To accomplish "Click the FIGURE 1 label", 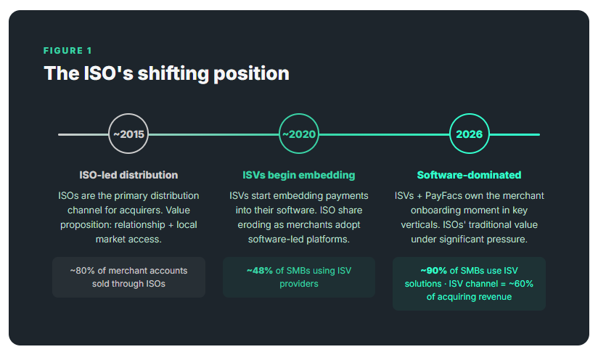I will click(x=67, y=51).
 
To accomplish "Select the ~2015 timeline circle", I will click(x=128, y=134).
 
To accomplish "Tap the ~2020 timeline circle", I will click(x=299, y=134).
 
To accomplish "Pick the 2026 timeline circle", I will click(x=469, y=134).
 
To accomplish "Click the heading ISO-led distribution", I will click(x=128, y=175).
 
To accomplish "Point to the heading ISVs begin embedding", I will click(x=299, y=175).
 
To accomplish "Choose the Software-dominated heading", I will click(x=469, y=175).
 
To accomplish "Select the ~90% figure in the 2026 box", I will click(x=433, y=271).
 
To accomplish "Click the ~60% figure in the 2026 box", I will click(x=520, y=284).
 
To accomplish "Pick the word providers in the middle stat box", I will click(x=299, y=284).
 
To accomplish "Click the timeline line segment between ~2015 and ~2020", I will click(x=214, y=134).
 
